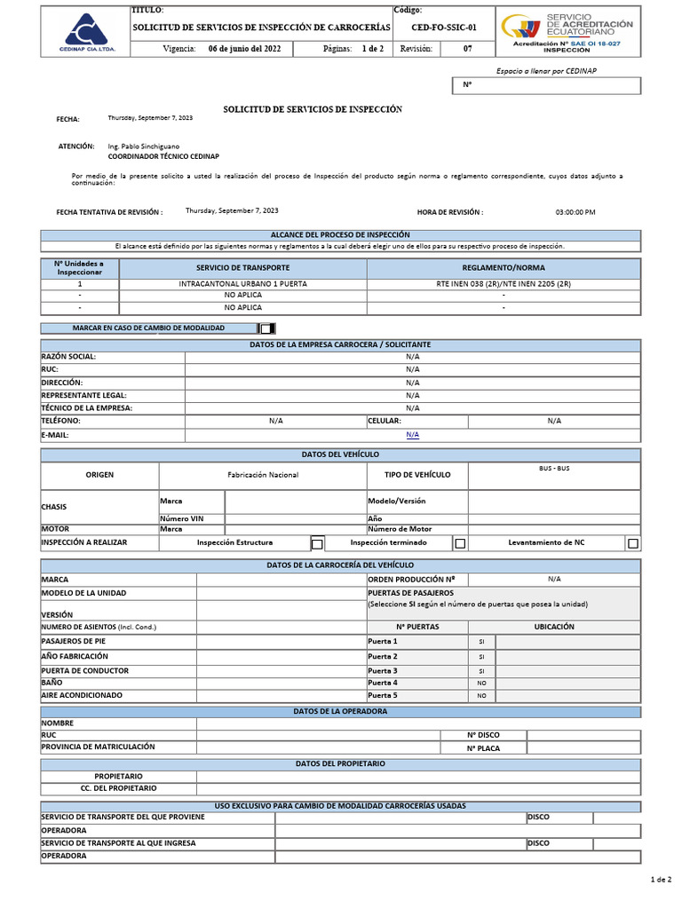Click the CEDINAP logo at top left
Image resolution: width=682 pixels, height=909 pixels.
[85, 31]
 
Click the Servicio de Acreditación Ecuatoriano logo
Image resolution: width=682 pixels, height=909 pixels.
[567, 31]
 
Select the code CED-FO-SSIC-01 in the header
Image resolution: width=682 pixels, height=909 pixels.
[437, 28]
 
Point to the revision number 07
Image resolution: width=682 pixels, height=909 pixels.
[468, 49]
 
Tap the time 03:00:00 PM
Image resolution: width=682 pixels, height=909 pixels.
[575, 212]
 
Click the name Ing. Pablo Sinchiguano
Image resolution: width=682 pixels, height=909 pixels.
[144, 146]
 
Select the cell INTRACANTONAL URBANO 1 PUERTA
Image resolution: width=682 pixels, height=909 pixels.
[242, 284]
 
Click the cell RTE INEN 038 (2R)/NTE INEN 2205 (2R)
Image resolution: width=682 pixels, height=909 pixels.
[504, 284]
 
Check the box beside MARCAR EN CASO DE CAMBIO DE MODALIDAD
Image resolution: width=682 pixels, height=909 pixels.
[266, 328]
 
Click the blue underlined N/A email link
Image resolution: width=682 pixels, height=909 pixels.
[412, 435]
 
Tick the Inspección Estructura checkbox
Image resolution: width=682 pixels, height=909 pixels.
[317, 543]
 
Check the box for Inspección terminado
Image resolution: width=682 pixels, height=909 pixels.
[460, 543]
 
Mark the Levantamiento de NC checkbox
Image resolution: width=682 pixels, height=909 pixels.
[632, 543]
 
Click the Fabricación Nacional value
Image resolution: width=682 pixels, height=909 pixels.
[263, 475]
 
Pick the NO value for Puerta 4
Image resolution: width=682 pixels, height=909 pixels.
[481, 684]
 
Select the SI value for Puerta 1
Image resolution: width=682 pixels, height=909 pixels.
[481, 641]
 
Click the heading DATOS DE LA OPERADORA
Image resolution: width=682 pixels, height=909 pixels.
[340, 711]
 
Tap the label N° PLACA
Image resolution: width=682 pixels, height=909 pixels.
[483, 748]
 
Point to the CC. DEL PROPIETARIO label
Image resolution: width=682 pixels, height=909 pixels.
[118, 788]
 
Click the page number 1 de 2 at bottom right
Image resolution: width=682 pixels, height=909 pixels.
[661, 879]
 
